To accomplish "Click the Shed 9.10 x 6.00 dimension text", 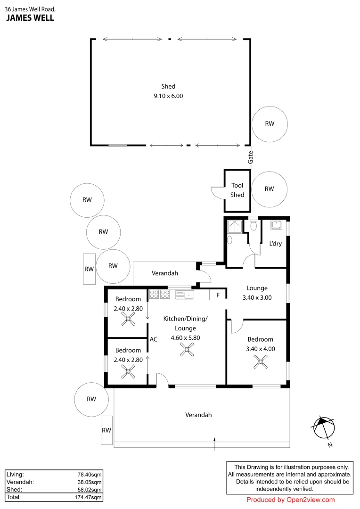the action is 168,96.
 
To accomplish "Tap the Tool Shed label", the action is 237,190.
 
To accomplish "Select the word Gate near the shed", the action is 251,157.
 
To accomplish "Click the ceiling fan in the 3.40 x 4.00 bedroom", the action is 260,362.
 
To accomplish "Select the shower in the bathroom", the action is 234,227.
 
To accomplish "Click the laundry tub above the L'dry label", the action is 276,224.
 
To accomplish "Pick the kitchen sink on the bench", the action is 185,295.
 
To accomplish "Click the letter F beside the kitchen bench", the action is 218,296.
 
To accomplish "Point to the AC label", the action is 153,339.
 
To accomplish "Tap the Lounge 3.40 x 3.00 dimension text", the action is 257,298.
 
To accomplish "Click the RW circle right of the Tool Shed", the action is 269,189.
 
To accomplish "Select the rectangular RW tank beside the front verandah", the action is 107,430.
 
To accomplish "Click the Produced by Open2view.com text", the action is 290,500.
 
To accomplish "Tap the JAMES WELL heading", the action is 30,18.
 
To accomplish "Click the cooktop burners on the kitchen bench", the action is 160,295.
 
